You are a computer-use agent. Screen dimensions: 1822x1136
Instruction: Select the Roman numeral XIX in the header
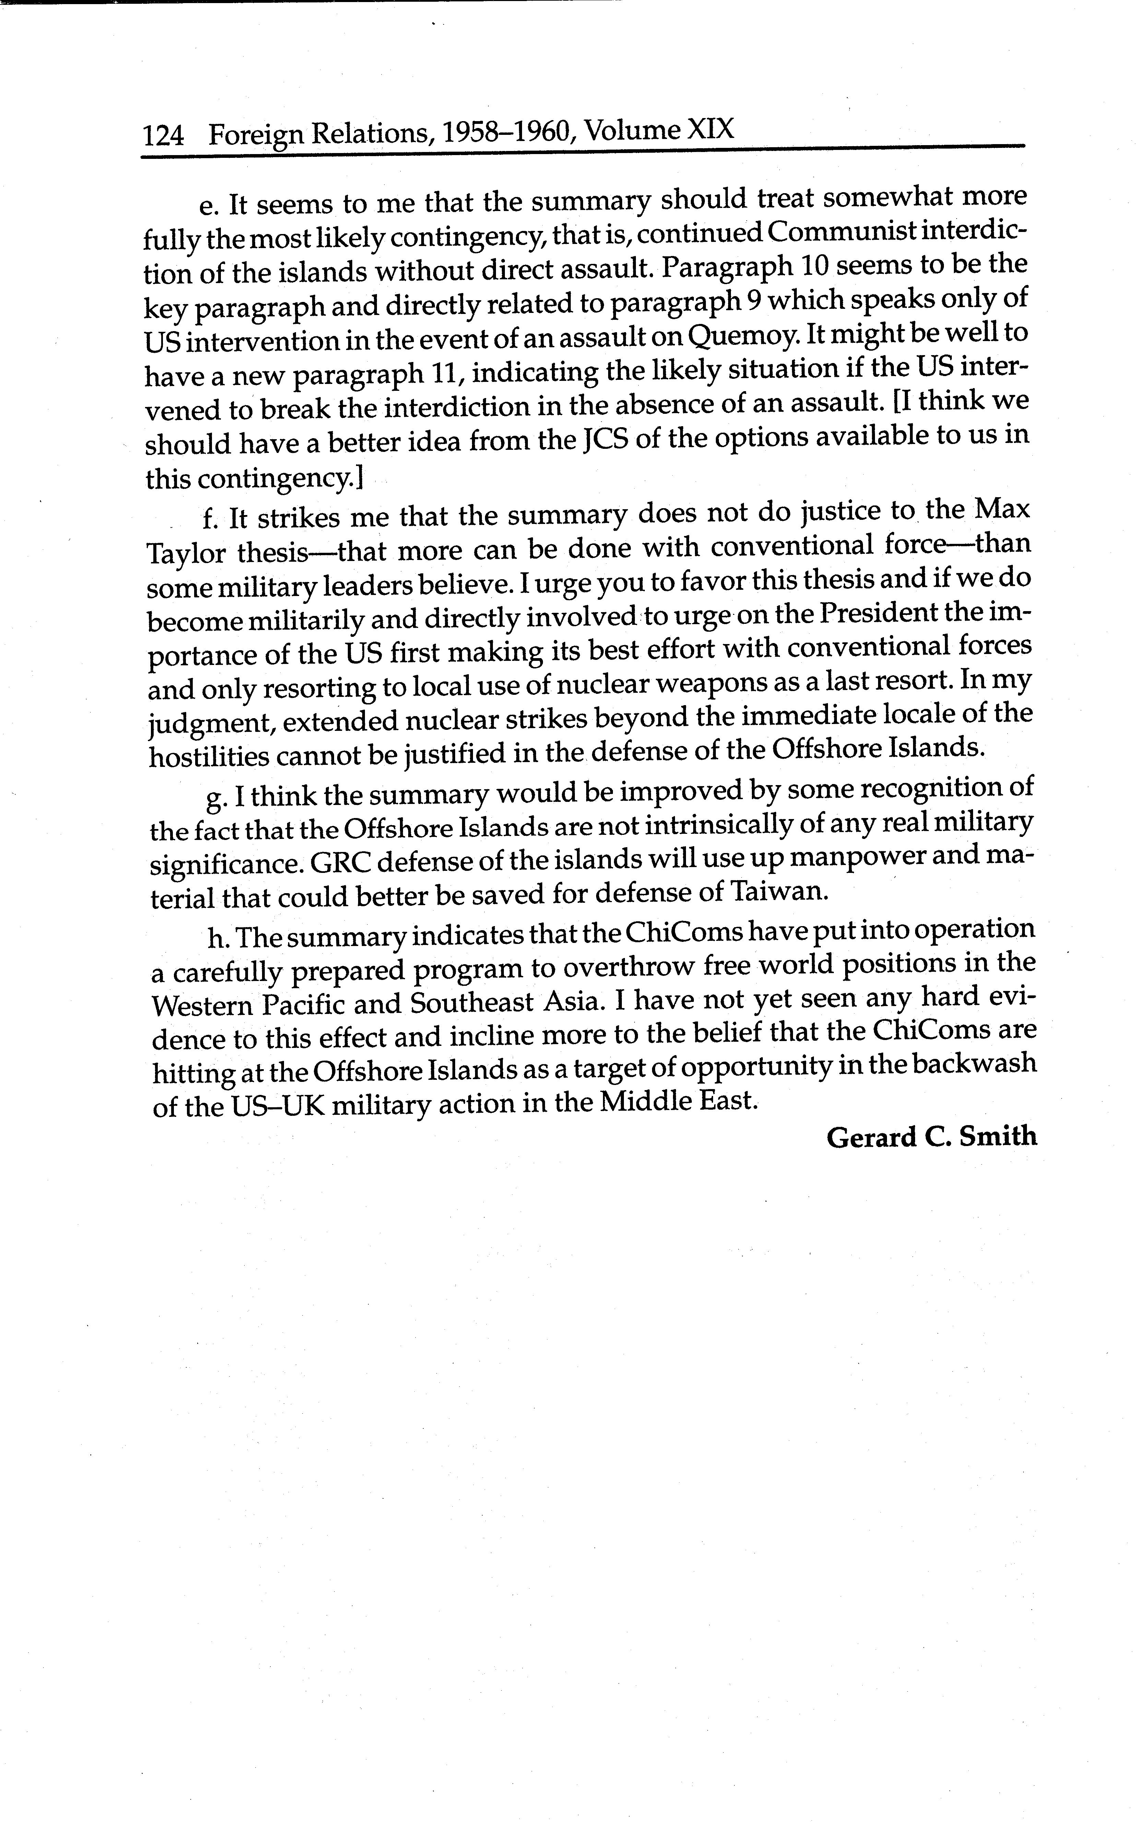point(710,130)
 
